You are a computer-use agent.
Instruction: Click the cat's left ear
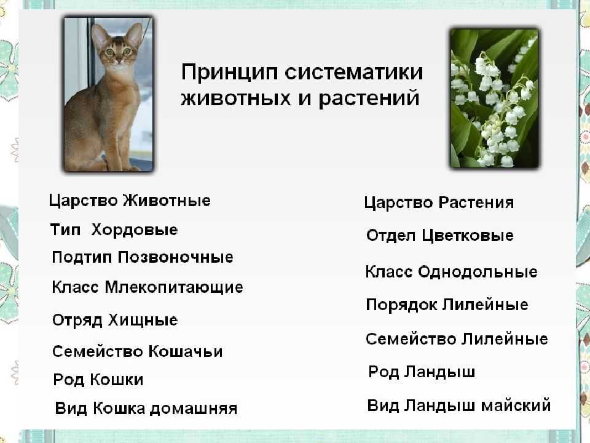(x=98, y=35)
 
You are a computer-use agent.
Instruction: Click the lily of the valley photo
(x=494, y=98)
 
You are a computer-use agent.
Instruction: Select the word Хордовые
(x=135, y=229)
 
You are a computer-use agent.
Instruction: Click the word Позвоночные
(x=175, y=257)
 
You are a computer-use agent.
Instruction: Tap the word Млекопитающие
(x=174, y=288)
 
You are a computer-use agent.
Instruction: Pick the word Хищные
(x=143, y=320)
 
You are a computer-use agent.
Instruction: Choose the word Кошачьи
(x=186, y=351)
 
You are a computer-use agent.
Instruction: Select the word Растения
(x=476, y=202)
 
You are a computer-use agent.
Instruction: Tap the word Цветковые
(x=467, y=236)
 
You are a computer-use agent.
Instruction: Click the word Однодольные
(x=478, y=272)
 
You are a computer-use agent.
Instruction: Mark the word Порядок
(x=401, y=305)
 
